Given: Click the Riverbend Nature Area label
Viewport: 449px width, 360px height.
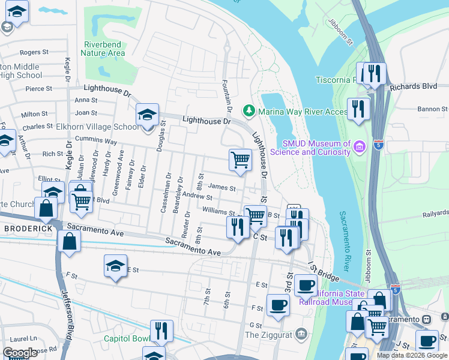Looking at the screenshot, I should pos(104,49).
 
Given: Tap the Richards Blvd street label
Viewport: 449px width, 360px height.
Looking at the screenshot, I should pos(413,86).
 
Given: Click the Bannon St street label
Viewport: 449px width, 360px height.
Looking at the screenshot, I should pos(432,109).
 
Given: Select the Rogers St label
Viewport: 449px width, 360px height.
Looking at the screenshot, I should pos(34,53).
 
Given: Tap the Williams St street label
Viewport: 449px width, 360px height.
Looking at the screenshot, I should pos(218,211).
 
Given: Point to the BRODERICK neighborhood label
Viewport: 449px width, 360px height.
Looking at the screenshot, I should pos(26,229).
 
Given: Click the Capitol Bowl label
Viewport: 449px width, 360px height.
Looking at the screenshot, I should pos(127,338).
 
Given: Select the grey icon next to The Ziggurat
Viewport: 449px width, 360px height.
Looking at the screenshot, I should pos(301,332).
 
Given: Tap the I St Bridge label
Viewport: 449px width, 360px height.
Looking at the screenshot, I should pos(324,269).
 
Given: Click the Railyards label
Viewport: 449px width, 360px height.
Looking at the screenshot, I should pos(435,212).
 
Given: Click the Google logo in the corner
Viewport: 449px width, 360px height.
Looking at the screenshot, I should pos(20,353).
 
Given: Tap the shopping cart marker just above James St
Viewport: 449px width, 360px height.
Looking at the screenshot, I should pos(240,161).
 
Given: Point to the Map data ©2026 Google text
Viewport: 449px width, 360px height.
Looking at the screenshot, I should pos(412,355).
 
